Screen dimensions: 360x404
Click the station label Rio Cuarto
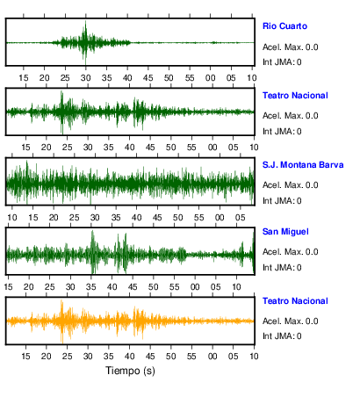(x=284, y=26)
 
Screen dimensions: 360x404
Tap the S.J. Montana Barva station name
(x=303, y=165)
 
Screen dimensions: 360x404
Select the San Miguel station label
(x=285, y=232)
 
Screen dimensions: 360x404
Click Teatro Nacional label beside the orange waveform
(x=295, y=301)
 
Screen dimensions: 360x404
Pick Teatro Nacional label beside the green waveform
(x=295, y=96)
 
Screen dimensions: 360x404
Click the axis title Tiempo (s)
(x=130, y=371)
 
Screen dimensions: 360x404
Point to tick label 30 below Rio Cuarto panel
(x=86, y=78)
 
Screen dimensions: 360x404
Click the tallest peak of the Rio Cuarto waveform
(x=85, y=22)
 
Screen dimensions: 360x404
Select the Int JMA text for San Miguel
(x=282, y=268)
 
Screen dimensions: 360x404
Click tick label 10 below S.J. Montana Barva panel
(x=12, y=218)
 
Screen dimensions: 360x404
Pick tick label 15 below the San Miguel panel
(x=8, y=287)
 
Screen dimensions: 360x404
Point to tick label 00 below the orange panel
(x=212, y=357)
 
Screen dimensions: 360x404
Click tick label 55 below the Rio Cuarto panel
(x=190, y=78)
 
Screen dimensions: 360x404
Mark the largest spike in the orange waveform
(x=61, y=301)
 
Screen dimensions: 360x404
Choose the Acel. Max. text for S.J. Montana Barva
(x=290, y=185)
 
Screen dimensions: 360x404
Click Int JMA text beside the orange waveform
(x=282, y=336)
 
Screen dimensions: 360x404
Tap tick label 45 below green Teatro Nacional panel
(x=150, y=148)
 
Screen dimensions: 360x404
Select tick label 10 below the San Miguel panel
(x=236, y=287)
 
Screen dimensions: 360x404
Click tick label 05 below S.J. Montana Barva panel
(x=241, y=218)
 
